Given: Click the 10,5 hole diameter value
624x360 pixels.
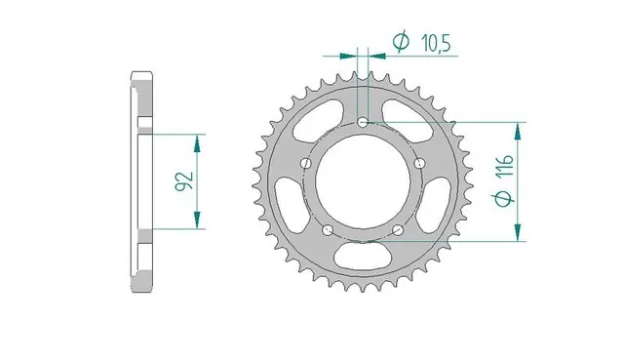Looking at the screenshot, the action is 436,43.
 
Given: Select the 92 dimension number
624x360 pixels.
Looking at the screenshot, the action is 184,181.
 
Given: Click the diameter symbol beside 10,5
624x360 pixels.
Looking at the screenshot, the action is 401,41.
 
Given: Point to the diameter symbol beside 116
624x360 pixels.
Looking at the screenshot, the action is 504,199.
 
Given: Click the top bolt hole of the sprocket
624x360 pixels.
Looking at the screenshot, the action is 363,123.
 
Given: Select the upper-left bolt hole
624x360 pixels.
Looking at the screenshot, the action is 306,163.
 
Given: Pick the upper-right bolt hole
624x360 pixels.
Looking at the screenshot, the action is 420,163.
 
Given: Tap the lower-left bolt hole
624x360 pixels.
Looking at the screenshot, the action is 328,230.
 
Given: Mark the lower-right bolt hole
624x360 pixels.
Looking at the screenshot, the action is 398,230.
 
